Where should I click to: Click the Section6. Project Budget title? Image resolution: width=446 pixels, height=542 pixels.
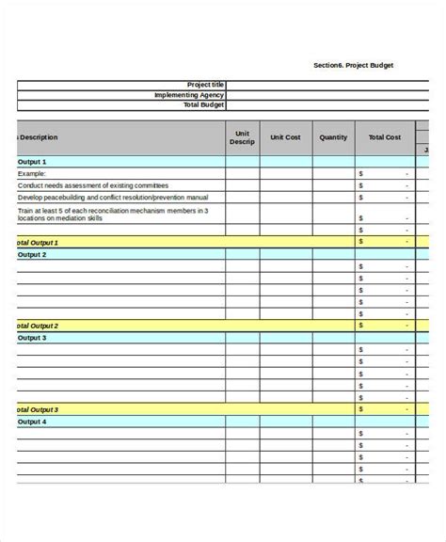point(354,65)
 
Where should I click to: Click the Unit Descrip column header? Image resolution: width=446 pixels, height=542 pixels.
point(242,137)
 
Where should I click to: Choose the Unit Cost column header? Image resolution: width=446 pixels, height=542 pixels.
point(285,137)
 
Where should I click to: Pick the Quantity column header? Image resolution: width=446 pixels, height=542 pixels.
point(333,137)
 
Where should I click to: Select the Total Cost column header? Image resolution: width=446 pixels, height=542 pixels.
point(384,137)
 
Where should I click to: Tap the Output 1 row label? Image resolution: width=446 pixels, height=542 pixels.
point(32,162)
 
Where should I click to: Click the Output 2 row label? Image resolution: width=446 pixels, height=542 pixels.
point(32,254)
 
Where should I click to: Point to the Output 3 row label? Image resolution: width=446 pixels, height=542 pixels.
point(32,337)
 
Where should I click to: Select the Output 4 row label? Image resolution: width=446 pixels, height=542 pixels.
point(32,422)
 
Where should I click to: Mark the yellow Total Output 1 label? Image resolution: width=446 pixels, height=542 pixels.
point(38,242)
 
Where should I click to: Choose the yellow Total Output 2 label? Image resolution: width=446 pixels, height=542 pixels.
point(38,326)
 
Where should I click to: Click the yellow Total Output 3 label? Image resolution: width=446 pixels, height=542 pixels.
point(38,409)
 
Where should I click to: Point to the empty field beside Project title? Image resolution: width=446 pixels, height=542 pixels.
point(320,84)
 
